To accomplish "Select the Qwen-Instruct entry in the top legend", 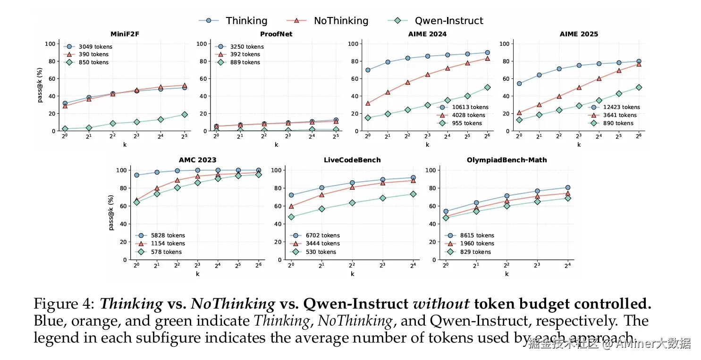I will [x=449, y=21].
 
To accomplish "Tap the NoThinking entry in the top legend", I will [x=341, y=21].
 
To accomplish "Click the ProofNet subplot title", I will [x=276, y=34].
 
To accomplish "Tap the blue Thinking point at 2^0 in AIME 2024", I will [x=368, y=70].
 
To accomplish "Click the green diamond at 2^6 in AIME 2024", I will [x=487, y=87].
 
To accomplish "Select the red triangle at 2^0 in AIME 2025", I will [x=519, y=113].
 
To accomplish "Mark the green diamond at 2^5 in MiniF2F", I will [x=185, y=115].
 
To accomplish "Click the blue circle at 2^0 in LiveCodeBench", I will [x=291, y=195].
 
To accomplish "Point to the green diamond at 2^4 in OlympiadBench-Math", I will [x=568, y=198].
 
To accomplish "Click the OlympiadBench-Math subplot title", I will [x=507, y=160].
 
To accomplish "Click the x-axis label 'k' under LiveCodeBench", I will [x=352, y=274].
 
